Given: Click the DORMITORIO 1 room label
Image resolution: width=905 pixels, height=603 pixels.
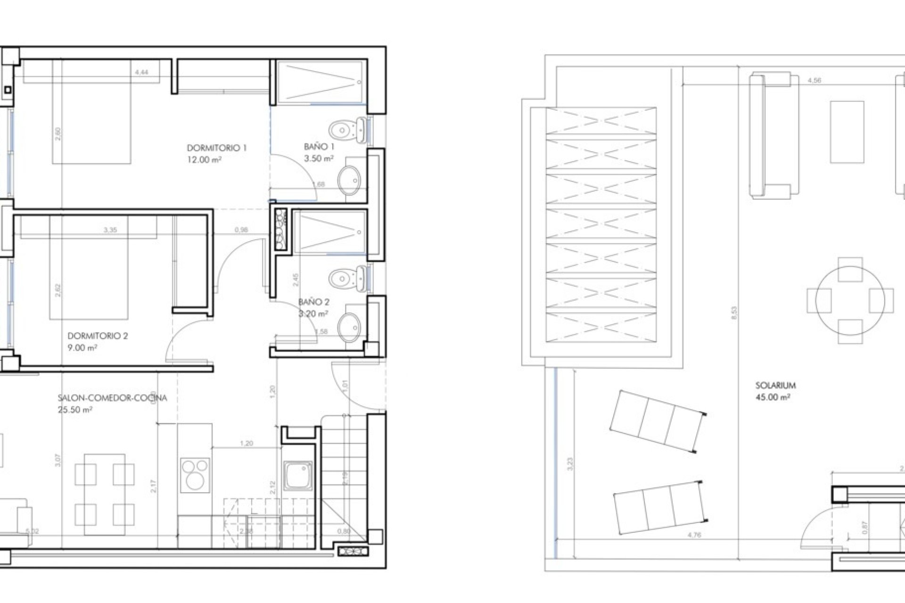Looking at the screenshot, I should [216, 148].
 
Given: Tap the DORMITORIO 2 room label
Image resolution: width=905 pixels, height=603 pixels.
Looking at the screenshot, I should [98, 336].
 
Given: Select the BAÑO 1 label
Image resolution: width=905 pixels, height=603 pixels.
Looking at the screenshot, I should [319, 147].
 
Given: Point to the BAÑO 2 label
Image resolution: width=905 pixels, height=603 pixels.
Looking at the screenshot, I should [313, 302].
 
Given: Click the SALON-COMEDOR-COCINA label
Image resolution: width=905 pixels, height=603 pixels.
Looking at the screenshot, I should [112, 398].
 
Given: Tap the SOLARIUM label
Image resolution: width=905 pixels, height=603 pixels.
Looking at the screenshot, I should [775, 385].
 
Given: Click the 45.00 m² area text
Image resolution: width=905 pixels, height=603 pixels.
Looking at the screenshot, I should [773, 397].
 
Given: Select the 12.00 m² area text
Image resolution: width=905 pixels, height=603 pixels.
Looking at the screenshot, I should [204, 160].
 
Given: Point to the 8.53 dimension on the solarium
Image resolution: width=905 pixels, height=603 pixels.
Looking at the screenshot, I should [734, 313].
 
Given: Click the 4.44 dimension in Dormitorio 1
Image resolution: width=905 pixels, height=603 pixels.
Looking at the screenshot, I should [141, 73].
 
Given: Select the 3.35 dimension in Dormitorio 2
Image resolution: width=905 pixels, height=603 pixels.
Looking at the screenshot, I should [110, 230].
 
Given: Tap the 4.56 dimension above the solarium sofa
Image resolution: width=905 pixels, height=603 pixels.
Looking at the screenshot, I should [814, 81].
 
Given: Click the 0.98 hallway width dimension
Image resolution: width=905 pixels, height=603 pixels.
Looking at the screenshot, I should [241, 230].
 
